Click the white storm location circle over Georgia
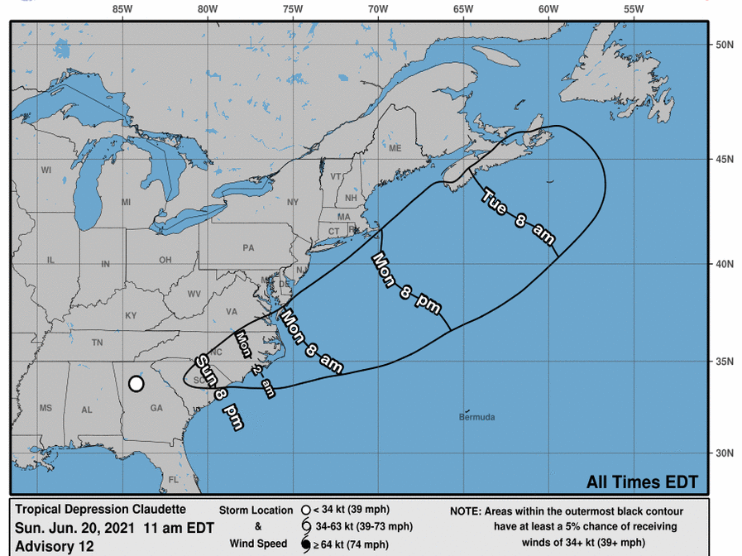[136, 384]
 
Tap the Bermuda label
[476, 417]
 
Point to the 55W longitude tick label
[634, 9]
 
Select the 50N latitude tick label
[725, 45]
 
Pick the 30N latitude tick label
[725, 453]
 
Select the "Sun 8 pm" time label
[219, 391]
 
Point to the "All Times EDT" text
[642, 482]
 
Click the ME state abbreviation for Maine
[395, 148]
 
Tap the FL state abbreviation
[174, 479]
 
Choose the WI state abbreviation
[46, 170]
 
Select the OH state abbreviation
[165, 259]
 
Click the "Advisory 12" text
[55, 546]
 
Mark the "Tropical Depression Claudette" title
[101, 510]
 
